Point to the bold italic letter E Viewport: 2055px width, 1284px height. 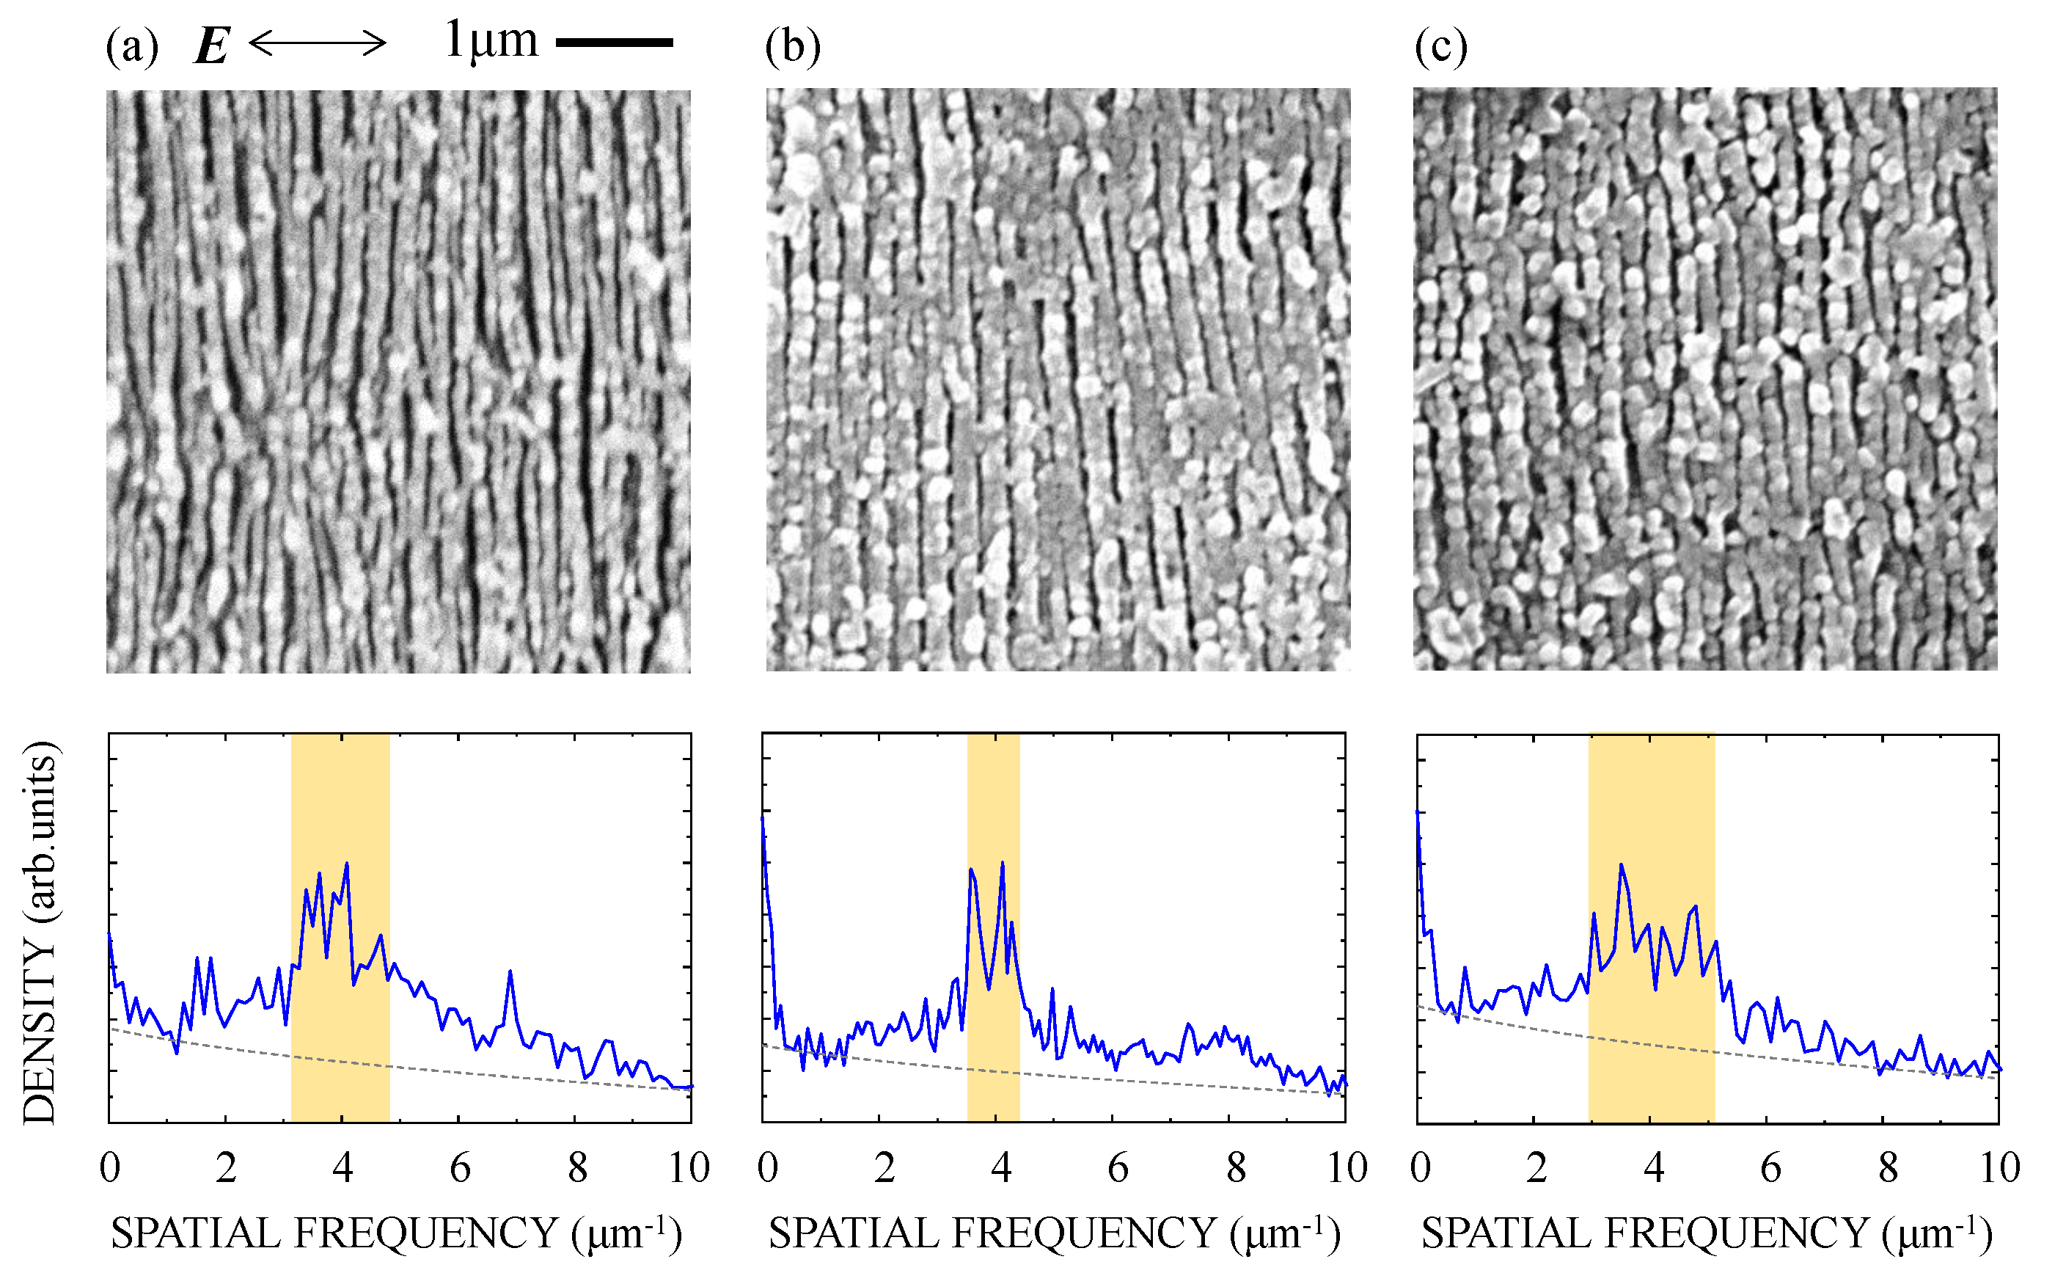[x=211, y=45]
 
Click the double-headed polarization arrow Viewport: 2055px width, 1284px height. [x=318, y=42]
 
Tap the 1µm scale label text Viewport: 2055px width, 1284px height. [x=491, y=40]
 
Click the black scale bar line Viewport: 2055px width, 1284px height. [x=615, y=42]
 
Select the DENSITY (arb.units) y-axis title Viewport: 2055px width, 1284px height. [x=40, y=933]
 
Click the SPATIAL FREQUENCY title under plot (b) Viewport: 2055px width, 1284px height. [x=1054, y=1233]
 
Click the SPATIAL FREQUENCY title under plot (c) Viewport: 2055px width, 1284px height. [x=1706, y=1233]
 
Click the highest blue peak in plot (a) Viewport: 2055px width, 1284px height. [x=346, y=864]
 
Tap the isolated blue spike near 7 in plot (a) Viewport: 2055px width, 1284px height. [x=510, y=971]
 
